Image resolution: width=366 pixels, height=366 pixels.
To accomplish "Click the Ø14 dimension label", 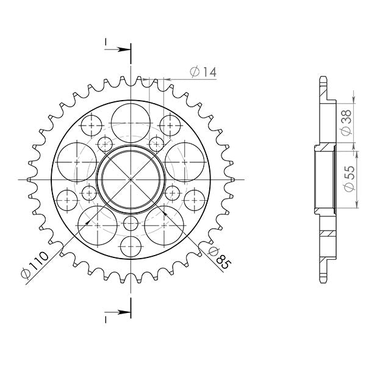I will (203, 72).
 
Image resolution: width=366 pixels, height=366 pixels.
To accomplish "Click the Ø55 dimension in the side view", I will (345, 181).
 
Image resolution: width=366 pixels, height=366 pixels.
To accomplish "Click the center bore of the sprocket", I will (130, 179).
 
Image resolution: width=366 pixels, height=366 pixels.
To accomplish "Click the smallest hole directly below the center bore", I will (130, 223).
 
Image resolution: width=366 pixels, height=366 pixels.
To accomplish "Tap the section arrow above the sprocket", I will (118, 48).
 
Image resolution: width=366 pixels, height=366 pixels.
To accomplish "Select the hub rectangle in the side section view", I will (325, 179).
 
